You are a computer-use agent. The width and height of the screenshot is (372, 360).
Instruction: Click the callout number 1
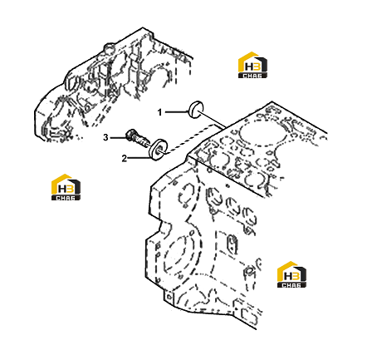tap(159, 112)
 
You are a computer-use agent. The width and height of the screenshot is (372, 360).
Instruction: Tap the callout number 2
tap(125, 159)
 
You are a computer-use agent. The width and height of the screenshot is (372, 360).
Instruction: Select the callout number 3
tap(105, 137)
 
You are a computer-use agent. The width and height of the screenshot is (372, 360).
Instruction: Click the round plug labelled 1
tap(196, 110)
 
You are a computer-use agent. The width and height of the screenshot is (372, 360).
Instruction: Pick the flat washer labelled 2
tap(159, 150)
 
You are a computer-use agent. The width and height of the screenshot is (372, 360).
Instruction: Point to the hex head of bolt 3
tap(130, 136)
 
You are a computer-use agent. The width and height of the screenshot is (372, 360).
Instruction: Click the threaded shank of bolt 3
tap(142, 141)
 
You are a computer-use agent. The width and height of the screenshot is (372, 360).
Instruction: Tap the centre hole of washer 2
tap(160, 150)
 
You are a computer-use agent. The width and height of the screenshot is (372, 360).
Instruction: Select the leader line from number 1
tap(175, 112)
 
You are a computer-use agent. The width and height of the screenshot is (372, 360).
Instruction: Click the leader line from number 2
tap(139, 158)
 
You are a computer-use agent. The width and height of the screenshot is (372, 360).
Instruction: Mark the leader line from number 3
tap(118, 137)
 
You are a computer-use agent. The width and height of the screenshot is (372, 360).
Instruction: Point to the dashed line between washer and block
tap(191, 139)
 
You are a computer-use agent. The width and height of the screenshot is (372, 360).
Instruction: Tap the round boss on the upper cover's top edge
tap(108, 47)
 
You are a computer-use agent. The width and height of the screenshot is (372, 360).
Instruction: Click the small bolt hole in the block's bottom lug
tap(169, 297)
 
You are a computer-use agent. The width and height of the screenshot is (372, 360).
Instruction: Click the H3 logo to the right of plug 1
tap(252, 65)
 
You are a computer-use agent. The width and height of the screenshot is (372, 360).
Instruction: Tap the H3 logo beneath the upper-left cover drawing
tap(66, 187)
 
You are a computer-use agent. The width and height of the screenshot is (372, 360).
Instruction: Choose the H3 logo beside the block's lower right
tap(291, 274)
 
